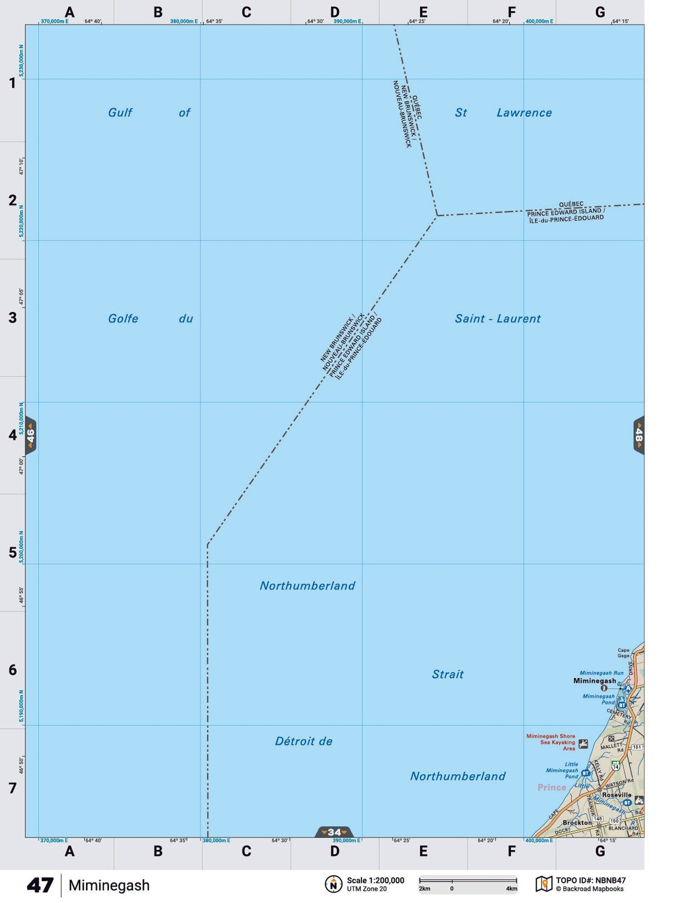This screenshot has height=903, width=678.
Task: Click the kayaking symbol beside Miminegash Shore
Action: click(583, 743)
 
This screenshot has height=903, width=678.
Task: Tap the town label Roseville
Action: click(617, 795)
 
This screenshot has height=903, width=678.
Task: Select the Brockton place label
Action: click(577, 823)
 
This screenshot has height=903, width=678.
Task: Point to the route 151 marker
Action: click(637, 747)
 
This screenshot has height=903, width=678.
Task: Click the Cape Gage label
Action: click(623, 653)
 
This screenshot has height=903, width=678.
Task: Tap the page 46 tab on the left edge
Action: click(31, 435)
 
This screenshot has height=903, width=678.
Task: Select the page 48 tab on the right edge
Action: click(638, 435)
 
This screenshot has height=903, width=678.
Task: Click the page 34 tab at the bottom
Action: click(334, 832)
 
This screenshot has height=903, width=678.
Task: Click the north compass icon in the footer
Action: click(333, 884)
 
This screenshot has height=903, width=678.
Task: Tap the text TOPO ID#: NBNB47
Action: click(590, 880)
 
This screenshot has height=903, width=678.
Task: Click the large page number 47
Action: click(40, 885)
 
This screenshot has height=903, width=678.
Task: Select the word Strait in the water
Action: click(447, 674)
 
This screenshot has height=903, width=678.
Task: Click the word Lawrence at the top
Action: click(524, 113)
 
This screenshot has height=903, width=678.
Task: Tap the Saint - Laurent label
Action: click(498, 319)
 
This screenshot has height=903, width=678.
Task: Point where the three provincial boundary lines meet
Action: click(437, 215)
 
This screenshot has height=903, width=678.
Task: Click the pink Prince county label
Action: click(552, 787)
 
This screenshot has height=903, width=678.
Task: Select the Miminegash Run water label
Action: click(601, 673)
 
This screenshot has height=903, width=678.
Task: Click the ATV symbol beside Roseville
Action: click(639, 800)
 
